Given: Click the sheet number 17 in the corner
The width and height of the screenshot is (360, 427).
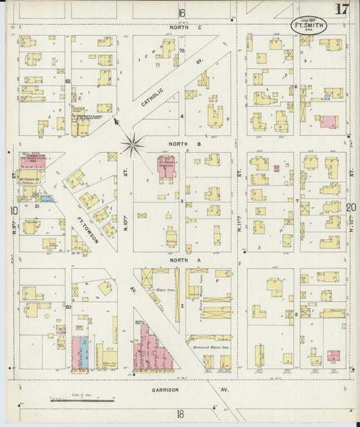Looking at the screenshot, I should [x=341, y=9].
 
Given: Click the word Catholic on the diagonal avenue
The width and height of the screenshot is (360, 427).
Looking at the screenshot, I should [x=154, y=102].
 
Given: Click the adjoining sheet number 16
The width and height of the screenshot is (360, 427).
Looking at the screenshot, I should [x=181, y=13].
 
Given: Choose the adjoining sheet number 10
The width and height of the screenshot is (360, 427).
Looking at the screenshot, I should [x=14, y=211].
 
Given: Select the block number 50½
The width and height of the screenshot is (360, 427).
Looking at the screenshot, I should [x=140, y=323].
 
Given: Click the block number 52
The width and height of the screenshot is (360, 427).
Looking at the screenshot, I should [x=68, y=82].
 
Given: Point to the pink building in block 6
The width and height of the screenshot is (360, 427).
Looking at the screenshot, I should [x=329, y=122].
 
